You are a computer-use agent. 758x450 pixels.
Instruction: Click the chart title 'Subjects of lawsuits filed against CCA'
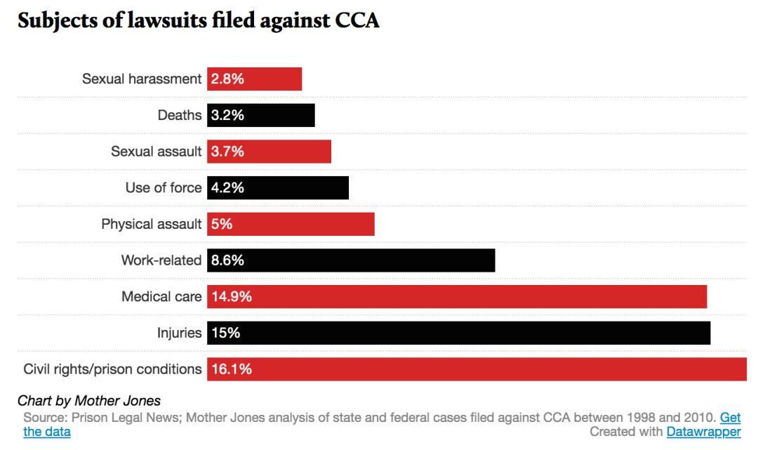[198, 20]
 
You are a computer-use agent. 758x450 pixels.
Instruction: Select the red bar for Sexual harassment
[255, 79]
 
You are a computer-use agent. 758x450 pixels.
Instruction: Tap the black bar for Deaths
[261, 115]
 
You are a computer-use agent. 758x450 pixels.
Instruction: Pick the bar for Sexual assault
[270, 152]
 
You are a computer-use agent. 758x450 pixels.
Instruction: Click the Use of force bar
[278, 188]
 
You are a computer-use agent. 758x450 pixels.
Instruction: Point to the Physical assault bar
[291, 225]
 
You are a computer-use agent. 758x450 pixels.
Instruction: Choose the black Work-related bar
[351, 260]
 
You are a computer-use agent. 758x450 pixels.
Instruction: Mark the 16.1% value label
[232, 369]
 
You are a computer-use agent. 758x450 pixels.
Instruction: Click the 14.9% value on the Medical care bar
[232, 297]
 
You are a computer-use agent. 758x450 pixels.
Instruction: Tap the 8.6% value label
[228, 260]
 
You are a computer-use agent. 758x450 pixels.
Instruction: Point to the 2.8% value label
[228, 79]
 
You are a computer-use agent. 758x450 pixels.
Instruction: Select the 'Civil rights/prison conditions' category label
[112, 369]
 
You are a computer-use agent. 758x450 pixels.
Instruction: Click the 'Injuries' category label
[179, 333]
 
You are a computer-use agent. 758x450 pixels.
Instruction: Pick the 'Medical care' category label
[161, 297]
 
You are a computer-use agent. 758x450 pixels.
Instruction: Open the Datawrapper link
[703, 432]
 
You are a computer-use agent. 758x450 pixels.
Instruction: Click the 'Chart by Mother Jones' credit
[89, 402]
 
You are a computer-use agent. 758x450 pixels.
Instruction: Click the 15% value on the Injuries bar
[226, 333]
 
